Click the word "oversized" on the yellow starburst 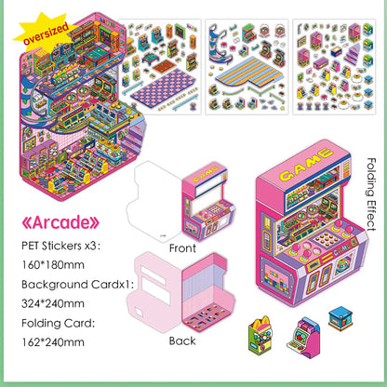[x=46, y=33]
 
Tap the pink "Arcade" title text [x=60, y=222]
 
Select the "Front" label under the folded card [x=182, y=248]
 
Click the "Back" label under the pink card [x=182, y=340]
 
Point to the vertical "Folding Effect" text [x=371, y=194]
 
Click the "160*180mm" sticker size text [x=53, y=265]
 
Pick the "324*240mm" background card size [x=53, y=303]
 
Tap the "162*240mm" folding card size [x=53, y=342]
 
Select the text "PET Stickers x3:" [x=61, y=246]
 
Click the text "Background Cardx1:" [x=77, y=285]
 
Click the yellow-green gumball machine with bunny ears [x=260, y=335]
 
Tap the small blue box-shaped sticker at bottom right [x=340, y=318]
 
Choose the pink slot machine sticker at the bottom [x=304, y=338]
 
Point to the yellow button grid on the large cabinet [x=326, y=238]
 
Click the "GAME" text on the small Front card [x=205, y=174]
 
